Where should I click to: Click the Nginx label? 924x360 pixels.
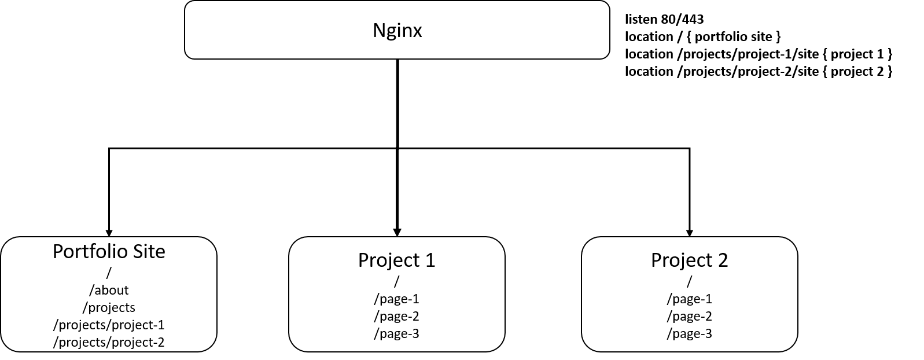[x=397, y=30]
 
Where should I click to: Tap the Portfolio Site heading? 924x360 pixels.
[x=109, y=252]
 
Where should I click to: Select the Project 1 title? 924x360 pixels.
[x=396, y=260]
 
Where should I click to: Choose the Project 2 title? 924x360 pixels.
[x=689, y=260]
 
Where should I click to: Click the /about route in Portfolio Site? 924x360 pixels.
[x=109, y=290]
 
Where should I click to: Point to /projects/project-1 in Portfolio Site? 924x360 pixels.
[x=109, y=325]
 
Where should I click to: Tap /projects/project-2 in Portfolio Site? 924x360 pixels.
[x=109, y=342]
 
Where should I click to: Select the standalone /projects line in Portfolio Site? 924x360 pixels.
[x=109, y=307]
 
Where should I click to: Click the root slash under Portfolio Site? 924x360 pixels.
[x=109, y=273]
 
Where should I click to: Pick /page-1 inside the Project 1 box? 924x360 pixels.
[x=396, y=299]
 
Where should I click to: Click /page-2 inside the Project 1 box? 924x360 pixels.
[x=396, y=316]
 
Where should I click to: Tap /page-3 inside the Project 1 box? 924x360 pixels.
[x=396, y=333]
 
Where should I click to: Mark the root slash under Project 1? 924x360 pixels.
[x=396, y=281]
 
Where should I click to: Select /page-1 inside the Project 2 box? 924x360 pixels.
[x=689, y=299]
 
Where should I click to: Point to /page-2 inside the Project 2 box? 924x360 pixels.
[x=689, y=316]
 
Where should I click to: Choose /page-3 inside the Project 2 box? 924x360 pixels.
[x=689, y=333]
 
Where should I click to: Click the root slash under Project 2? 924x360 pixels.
[x=689, y=281]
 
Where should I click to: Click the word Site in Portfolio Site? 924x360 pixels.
[x=149, y=252]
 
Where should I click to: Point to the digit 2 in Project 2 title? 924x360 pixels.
[x=722, y=260]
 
